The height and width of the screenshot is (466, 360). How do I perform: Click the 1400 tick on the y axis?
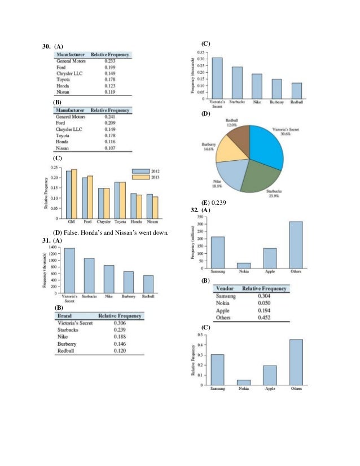click(53, 248)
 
